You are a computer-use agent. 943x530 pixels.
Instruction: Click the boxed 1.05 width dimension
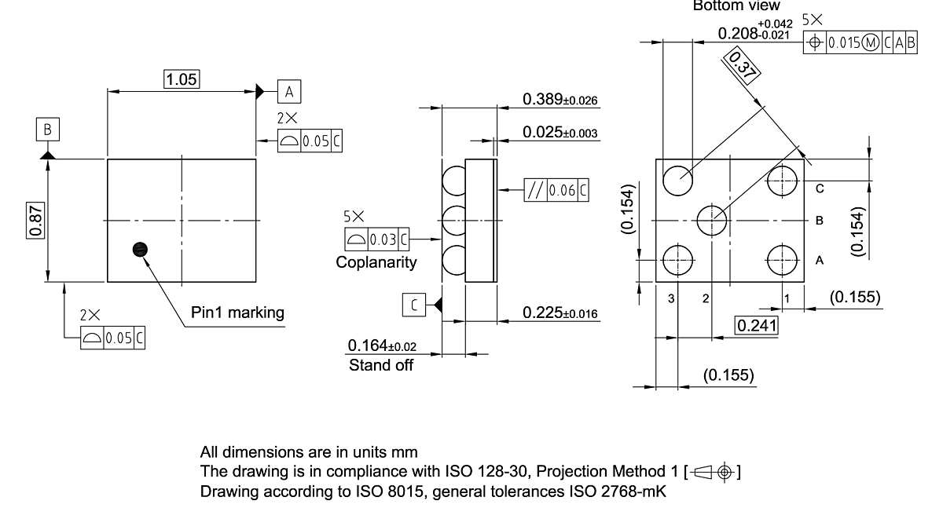pos(182,79)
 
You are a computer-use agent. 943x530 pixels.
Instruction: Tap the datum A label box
pos(289,92)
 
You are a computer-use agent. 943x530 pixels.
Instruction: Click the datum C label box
pos(414,305)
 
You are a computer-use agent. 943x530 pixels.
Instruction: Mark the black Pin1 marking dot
pos(140,249)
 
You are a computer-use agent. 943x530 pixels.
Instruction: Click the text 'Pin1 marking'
pos(237,313)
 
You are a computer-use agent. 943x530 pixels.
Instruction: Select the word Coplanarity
pos(376,262)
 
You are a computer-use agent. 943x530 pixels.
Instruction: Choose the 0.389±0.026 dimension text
pos(560,100)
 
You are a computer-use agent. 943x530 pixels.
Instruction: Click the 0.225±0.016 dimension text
pos(560,313)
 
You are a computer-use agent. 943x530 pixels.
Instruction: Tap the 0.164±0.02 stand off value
pos(382,345)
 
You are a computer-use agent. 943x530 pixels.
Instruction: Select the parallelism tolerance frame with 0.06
pos(556,190)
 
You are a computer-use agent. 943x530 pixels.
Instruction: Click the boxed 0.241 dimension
pos(756,324)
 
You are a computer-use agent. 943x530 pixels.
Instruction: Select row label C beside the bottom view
pos(819,188)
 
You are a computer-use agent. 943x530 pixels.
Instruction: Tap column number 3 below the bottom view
pos(672,298)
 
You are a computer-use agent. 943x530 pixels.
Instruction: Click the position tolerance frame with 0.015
pos(860,43)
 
